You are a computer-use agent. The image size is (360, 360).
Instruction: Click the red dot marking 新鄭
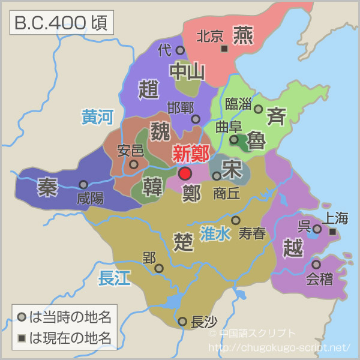185,174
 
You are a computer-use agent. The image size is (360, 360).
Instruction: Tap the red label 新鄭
191,154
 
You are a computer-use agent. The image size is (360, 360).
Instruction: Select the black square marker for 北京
224,48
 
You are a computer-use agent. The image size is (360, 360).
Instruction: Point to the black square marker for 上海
332,232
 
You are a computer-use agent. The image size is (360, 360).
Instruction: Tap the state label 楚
182,241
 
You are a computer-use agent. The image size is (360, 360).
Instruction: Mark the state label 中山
187,71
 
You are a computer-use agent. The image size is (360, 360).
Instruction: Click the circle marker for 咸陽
83,185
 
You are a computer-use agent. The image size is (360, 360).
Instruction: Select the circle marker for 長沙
182,322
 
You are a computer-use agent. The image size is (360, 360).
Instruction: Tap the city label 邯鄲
180,109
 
